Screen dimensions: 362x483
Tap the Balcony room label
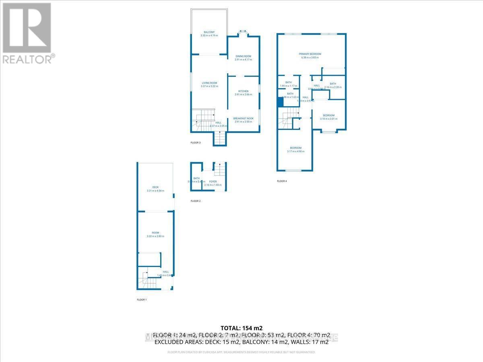click(209, 34)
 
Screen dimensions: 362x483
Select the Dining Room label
click(243, 58)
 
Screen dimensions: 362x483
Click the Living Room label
click(209, 84)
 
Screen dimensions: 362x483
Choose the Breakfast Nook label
click(243, 119)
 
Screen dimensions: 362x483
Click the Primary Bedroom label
click(310, 56)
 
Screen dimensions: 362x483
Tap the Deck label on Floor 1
click(155, 189)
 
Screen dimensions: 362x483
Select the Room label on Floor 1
click(155, 234)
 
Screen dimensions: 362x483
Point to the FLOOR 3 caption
click(195, 142)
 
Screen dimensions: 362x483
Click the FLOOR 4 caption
click(282, 181)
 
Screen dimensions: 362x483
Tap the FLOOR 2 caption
click(195, 201)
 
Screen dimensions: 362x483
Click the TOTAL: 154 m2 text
click(242, 328)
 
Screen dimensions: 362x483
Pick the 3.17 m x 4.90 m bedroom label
click(293, 150)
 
